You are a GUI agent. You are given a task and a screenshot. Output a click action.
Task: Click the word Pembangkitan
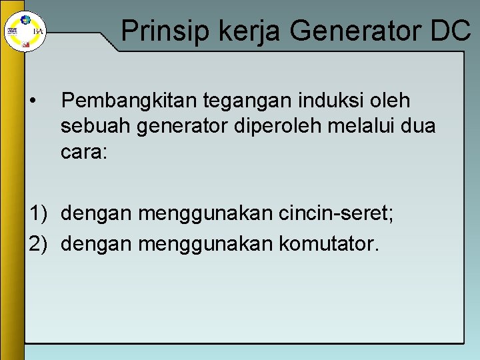pyautogui.click(x=124, y=101)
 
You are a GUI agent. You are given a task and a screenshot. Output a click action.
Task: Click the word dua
pyautogui.click(x=420, y=127)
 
